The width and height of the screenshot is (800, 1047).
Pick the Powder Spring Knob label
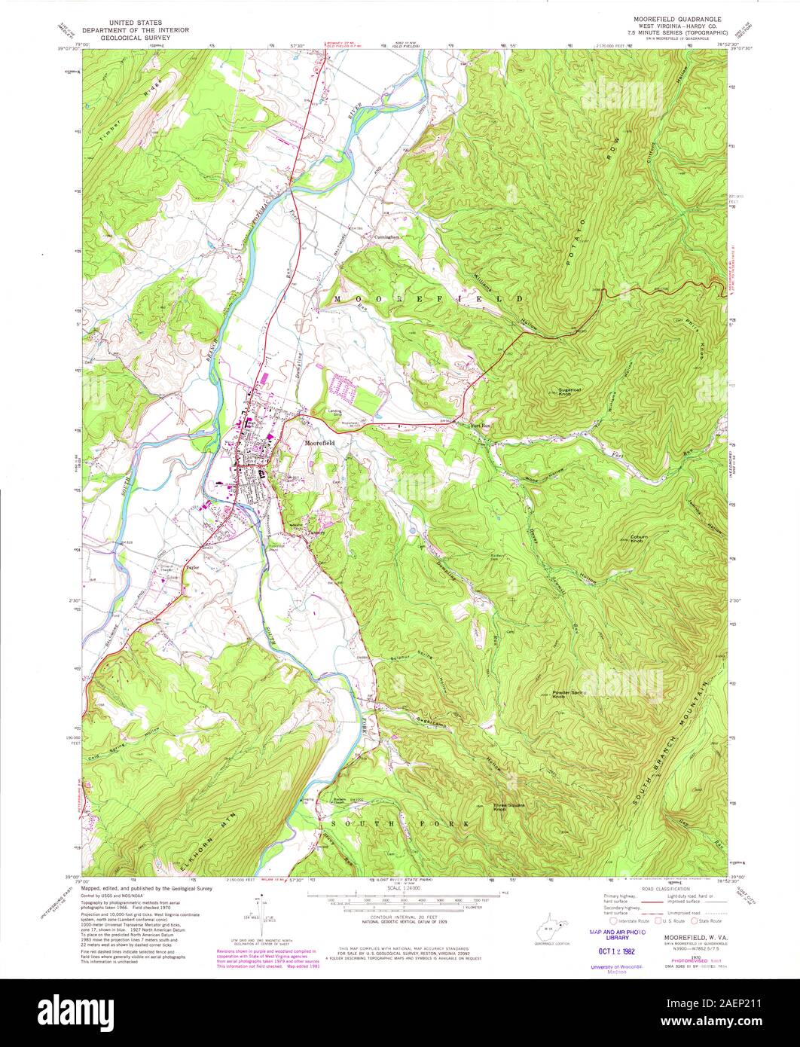[569, 694]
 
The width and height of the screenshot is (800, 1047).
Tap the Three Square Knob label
[509, 806]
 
